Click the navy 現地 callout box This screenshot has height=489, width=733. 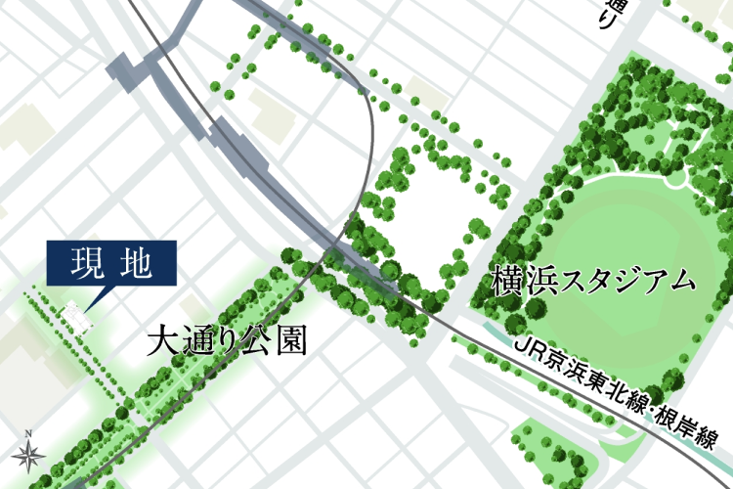pyautogui.click(x=111, y=264)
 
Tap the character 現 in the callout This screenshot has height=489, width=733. pyautogui.click(x=88, y=264)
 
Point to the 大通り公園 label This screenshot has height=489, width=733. pyautogui.click(x=227, y=341)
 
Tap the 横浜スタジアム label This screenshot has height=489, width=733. pyautogui.click(x=595, y=280)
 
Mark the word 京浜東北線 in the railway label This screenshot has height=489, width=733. pyautogui.click(x=596, y=383)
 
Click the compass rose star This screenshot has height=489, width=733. pyautogui.click(x=28, y=454)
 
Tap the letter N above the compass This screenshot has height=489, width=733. pyautogui.click(x=29, y=432)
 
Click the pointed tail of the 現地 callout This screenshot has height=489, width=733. pyautogui.click(x=89, y=301)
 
